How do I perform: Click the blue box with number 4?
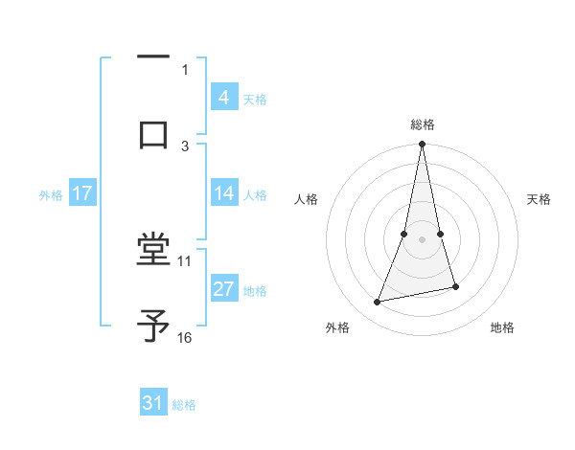(x=223, y=97)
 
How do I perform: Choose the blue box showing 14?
(x=223, y=192)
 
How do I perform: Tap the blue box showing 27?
(x=223, y=288)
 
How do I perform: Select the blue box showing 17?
(x=81, y=192)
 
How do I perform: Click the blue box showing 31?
(x=153, y=403)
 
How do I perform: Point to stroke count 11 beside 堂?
(x=185, y=260)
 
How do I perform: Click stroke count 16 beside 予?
(x=185, y=337)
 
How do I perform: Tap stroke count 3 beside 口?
(x=185, y=146)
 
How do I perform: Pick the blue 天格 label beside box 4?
(x=255, y=99)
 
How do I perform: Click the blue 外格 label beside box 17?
(x=51, y=194)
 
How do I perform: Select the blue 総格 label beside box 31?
(x=184, y=405)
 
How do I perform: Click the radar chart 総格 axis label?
(x=422, y=124)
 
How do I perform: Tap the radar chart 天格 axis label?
(x=540, y=199)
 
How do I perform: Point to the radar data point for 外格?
(x=378, y=303)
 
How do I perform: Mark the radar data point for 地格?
(x=455, y=286)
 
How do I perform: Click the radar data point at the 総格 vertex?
(x=422, y=145)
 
